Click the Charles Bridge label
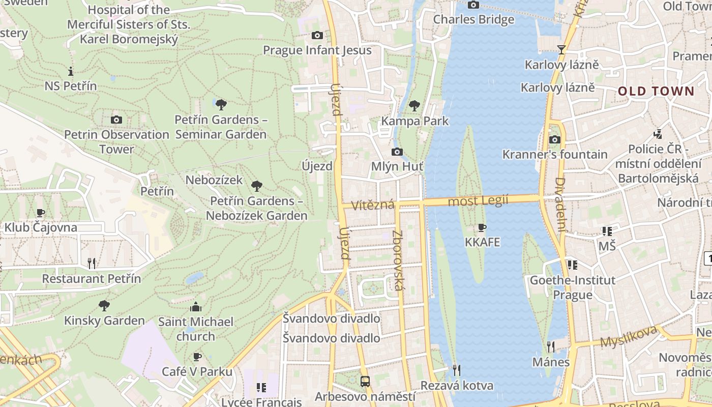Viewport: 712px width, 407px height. [x=473, y=19]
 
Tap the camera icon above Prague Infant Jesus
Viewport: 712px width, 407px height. [x=317, y=35]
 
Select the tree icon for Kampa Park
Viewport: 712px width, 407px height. [x=414, y=106]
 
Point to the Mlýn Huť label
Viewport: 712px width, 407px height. [x=397, y=166]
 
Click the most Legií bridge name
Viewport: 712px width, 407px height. [x=478, y=201]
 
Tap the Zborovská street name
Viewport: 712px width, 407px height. [x=397, y=260]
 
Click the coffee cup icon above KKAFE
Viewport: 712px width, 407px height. [x=482, y=227]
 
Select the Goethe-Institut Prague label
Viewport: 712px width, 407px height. [x=573, y=287]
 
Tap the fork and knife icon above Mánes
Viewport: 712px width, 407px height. [x=551, y=347]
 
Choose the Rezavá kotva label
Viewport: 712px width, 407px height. [x=457, y=386]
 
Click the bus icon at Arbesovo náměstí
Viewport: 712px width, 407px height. [x=365, y=381]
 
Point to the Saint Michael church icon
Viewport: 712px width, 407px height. [x=196, y=307]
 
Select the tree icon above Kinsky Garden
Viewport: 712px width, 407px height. [x=104, y=305]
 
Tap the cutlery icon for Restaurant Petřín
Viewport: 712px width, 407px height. [x=92, y=263]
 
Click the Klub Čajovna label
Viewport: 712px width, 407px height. [x=41, y=227]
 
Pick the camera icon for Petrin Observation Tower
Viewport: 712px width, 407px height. [x=116, y=120]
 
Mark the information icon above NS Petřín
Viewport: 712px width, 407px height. [x=71, y=71]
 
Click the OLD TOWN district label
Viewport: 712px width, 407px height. [x=656, y=92]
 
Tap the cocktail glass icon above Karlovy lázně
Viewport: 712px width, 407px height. [x=561, y=49]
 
